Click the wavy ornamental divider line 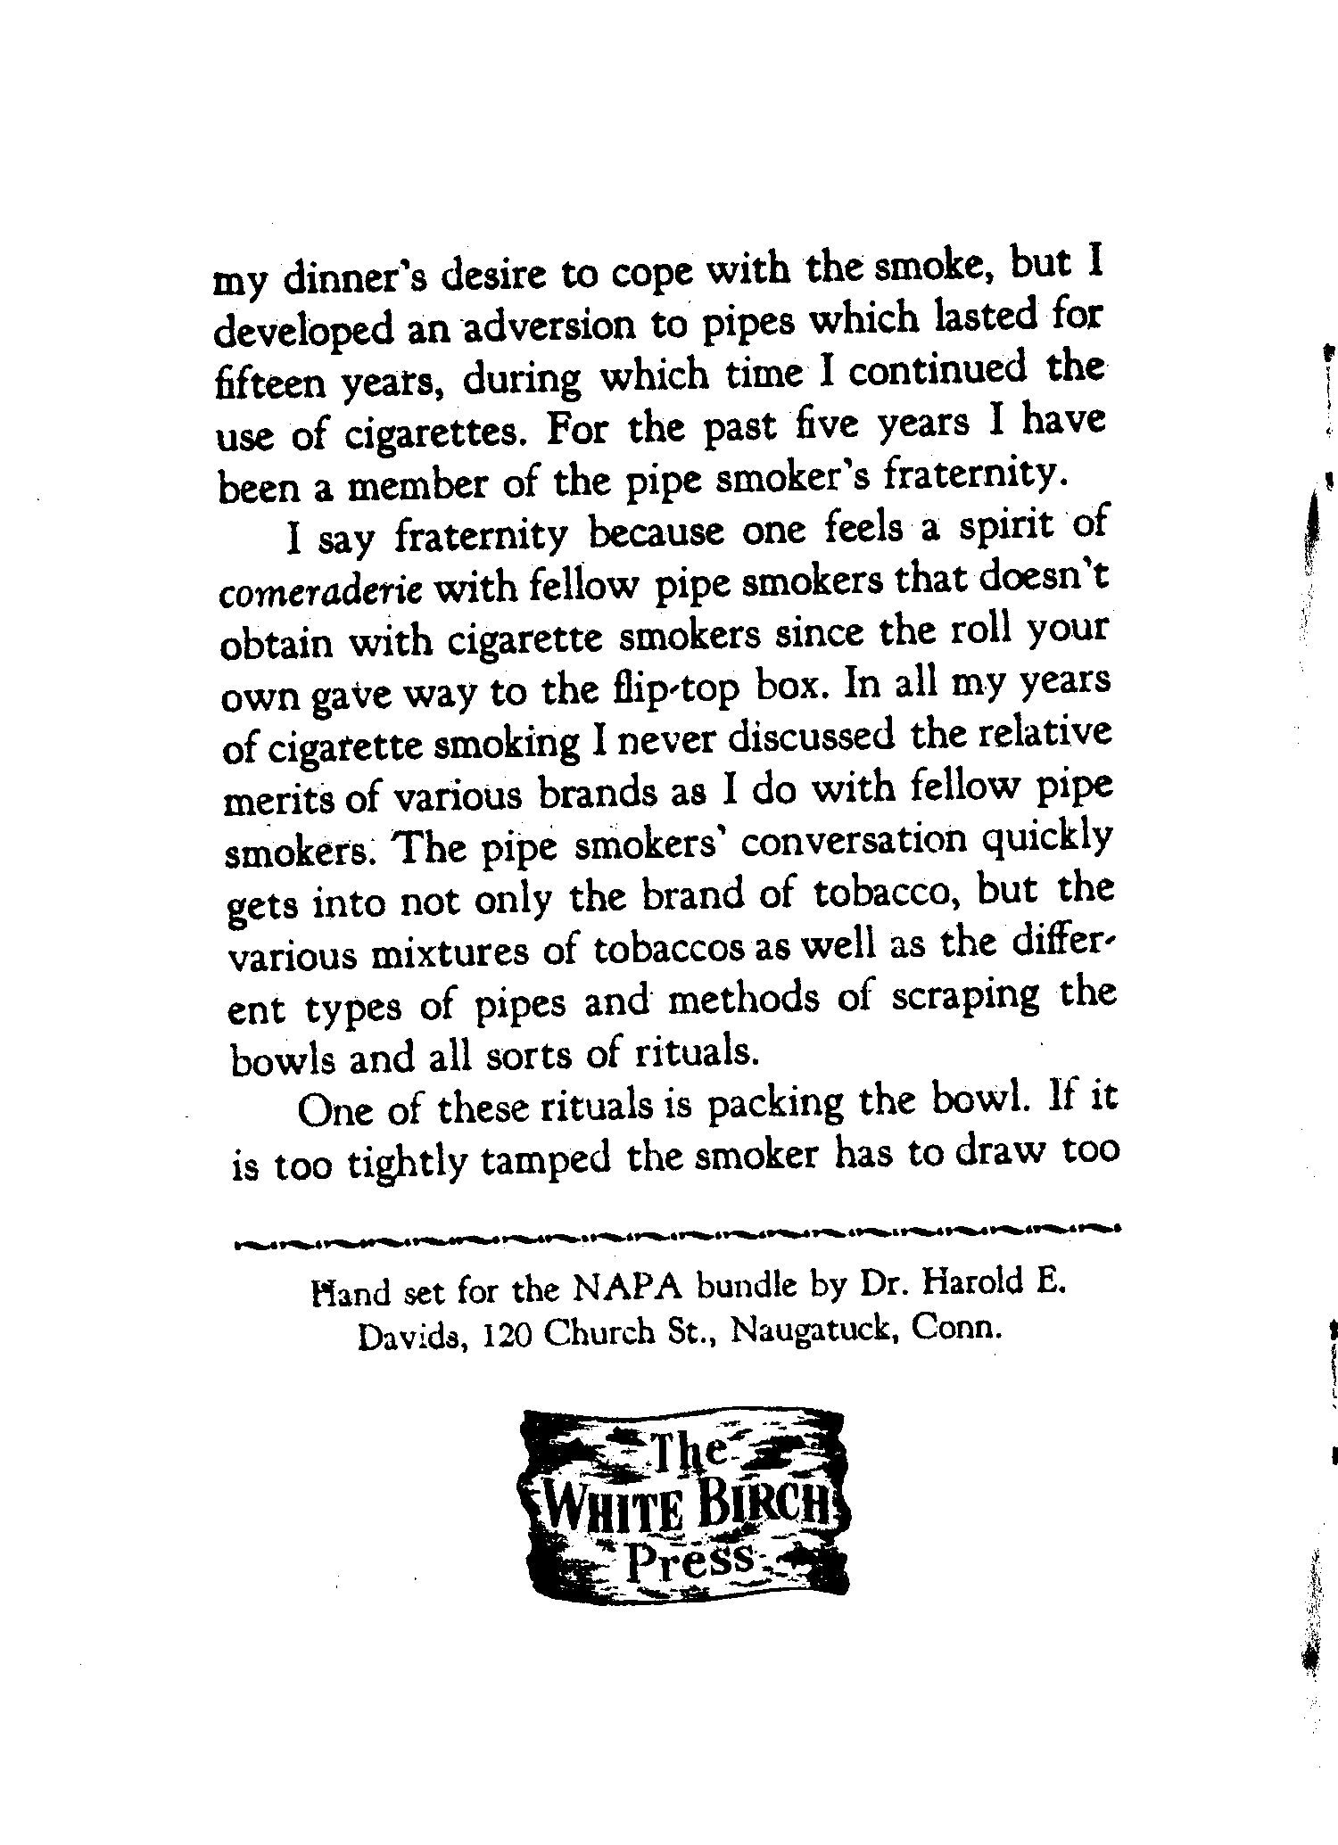pyautogui.click(x=673, y=1229)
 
